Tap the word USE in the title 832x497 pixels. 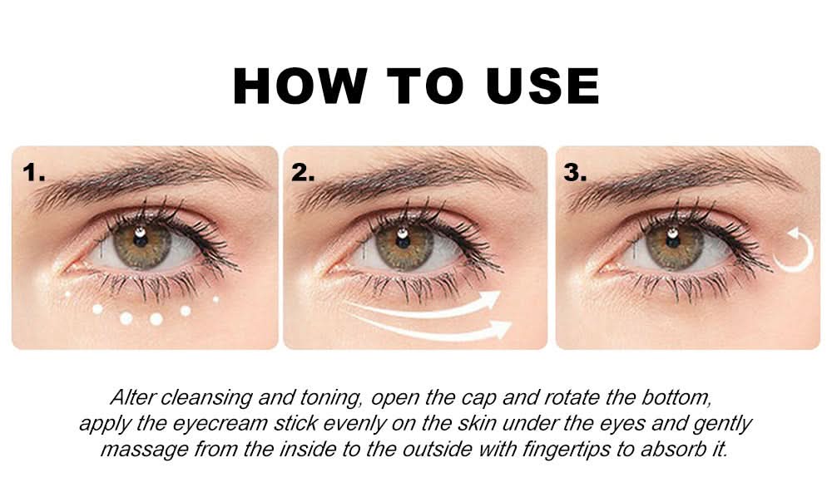point(542,86)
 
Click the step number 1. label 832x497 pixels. point(34,173)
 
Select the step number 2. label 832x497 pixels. point(303,173)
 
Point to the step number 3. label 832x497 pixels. point(575,173)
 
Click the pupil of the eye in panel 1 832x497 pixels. point(140,239)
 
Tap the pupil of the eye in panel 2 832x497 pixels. point(403,239)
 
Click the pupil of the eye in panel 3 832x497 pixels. point(673,239)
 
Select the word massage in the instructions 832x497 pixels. point(144,450)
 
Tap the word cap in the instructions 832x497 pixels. point(479,399)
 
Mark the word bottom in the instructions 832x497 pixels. point(676,397)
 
